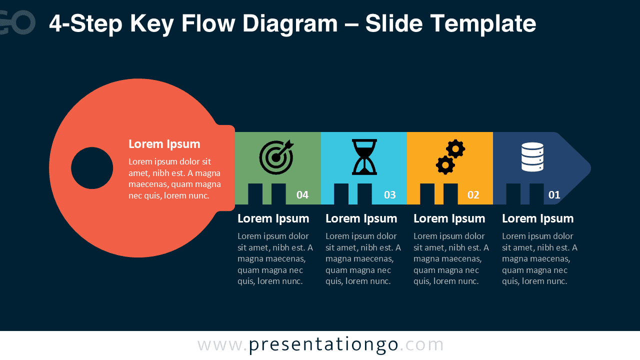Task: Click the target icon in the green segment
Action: coord(276,157)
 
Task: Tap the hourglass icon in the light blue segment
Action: coord(364,157)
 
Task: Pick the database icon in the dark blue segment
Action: coord(532,157)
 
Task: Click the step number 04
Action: coord(302,195)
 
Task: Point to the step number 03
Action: coord(390,195)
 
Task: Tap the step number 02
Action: coord(473,195)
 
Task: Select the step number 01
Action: coord(554,195)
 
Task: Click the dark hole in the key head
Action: coord(92,168)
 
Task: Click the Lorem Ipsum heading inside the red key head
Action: coord(164,144)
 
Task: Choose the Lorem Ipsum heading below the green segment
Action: coord(273,218)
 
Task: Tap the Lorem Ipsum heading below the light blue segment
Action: coord(361,218)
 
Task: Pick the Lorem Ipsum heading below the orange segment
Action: coord(449,218)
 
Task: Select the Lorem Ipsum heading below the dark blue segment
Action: coord(537,218)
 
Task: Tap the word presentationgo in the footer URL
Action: coord(323,344)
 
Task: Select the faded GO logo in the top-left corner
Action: coord(18,22)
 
